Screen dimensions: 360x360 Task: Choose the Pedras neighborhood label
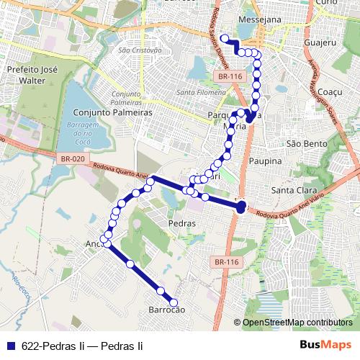tap(181, 223)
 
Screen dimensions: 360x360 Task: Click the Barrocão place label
tap(167, 310)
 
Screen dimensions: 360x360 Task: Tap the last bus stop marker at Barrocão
tap(174, 303)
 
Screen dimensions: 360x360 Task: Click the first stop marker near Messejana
tap(224, 39)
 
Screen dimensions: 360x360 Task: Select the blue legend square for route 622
tap(9, 346)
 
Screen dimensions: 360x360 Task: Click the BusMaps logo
tap(325, 345)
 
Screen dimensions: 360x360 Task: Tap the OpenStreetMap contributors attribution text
tap(297, 323)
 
